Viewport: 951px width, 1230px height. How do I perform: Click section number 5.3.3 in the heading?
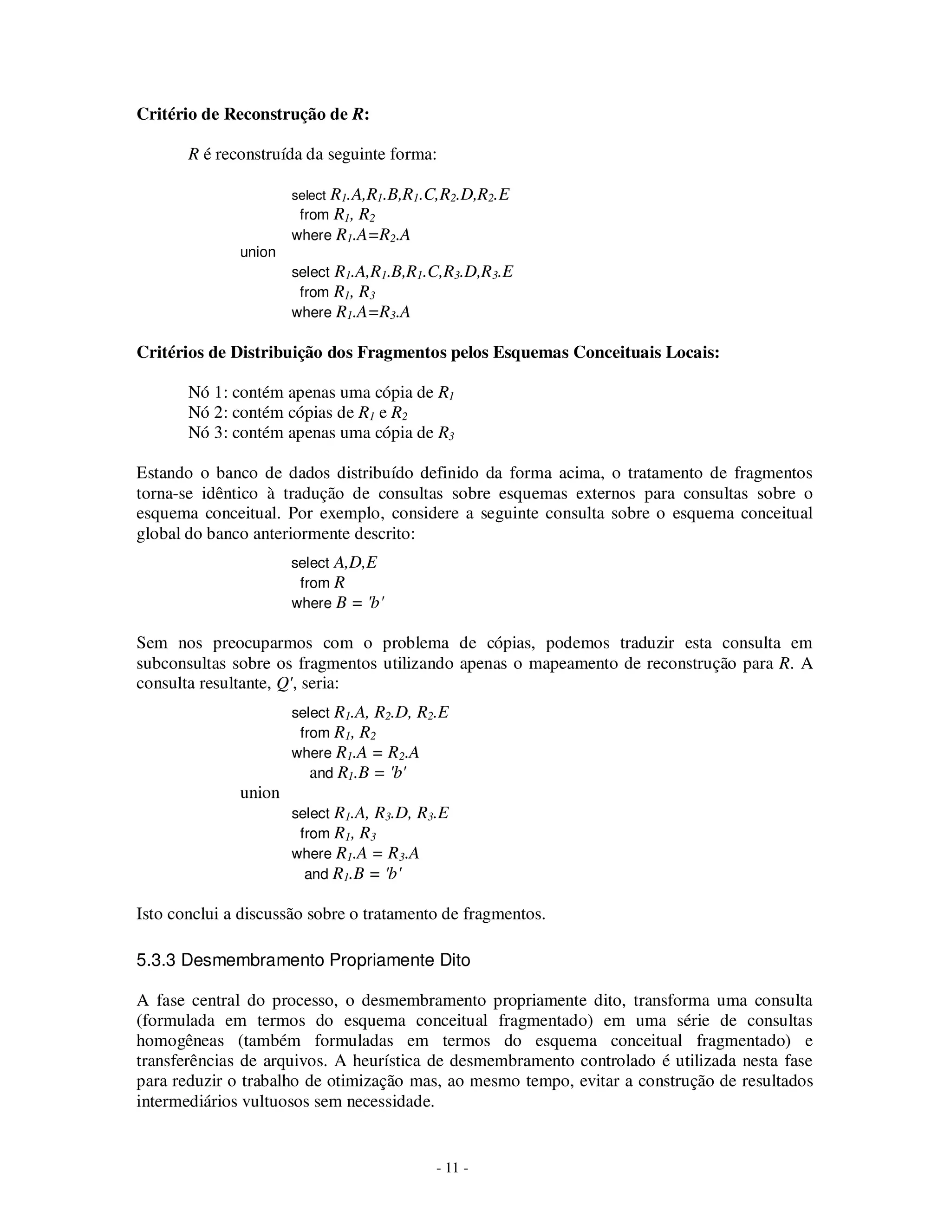(x=156, y=960)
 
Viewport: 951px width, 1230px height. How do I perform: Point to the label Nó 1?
(x=206, y=393)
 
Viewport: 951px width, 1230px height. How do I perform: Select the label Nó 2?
(x=206, y=413)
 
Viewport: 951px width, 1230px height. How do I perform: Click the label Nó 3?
(x=206, y=433)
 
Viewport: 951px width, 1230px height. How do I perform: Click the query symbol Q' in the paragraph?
(x=286, y=684)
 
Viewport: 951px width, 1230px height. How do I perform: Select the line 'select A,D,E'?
(x=334, y=563)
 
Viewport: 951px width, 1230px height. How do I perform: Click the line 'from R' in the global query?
(x=322, y=583)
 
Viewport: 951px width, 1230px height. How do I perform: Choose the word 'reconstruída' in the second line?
(x=259, y=154)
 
